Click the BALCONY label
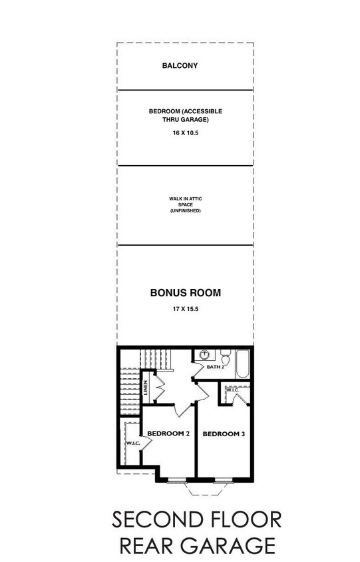point(180,66)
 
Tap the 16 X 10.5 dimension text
point(185,133)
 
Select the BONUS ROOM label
point(185,292)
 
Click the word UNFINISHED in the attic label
point(185,210)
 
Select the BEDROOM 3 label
point(224,434)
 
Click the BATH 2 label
point(216,367)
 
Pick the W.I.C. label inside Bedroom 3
point(232,390)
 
